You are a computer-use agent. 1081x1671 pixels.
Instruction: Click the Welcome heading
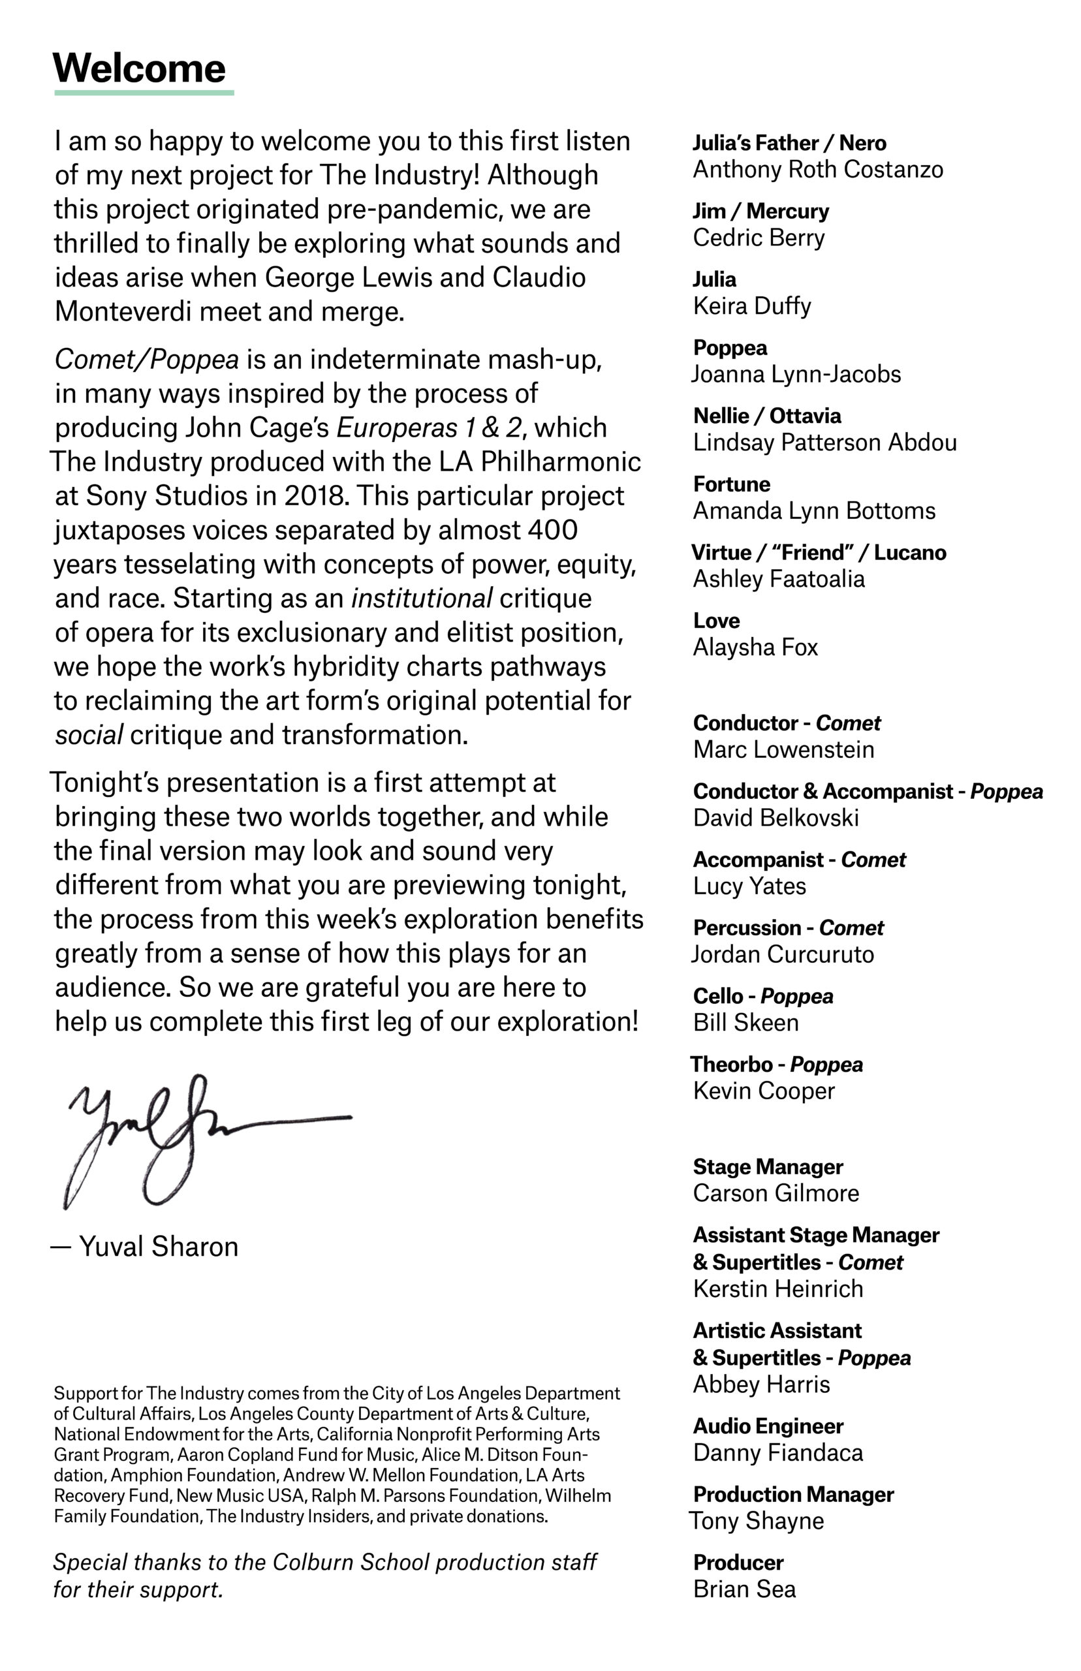click(139, 68)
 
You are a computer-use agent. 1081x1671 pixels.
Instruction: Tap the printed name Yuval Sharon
click(159, 1247)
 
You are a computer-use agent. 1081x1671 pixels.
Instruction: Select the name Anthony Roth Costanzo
click(818, 169)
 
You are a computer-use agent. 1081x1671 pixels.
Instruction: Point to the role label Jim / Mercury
click(761, 211)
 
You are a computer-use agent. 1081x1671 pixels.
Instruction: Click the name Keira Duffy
click(752, 306)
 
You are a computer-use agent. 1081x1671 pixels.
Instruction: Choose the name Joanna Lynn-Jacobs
click(796, 374)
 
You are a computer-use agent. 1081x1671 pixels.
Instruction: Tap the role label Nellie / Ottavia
click(766, 416)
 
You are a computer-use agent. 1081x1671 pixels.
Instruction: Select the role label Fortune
click(731, 484)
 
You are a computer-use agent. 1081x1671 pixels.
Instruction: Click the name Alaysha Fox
click(755, 647)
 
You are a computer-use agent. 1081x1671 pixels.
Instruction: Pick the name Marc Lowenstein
click(783, 749)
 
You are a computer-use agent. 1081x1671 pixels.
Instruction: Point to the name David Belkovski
click(775, 818)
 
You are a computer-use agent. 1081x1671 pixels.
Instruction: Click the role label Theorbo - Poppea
click(776, 1065)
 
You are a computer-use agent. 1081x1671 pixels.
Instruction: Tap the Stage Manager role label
click(768, 1167)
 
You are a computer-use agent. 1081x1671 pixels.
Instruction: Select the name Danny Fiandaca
click(777, 1453)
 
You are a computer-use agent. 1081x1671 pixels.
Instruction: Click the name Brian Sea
click(744, 1589)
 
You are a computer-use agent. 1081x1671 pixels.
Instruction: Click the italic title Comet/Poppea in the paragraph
click(147, 359)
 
